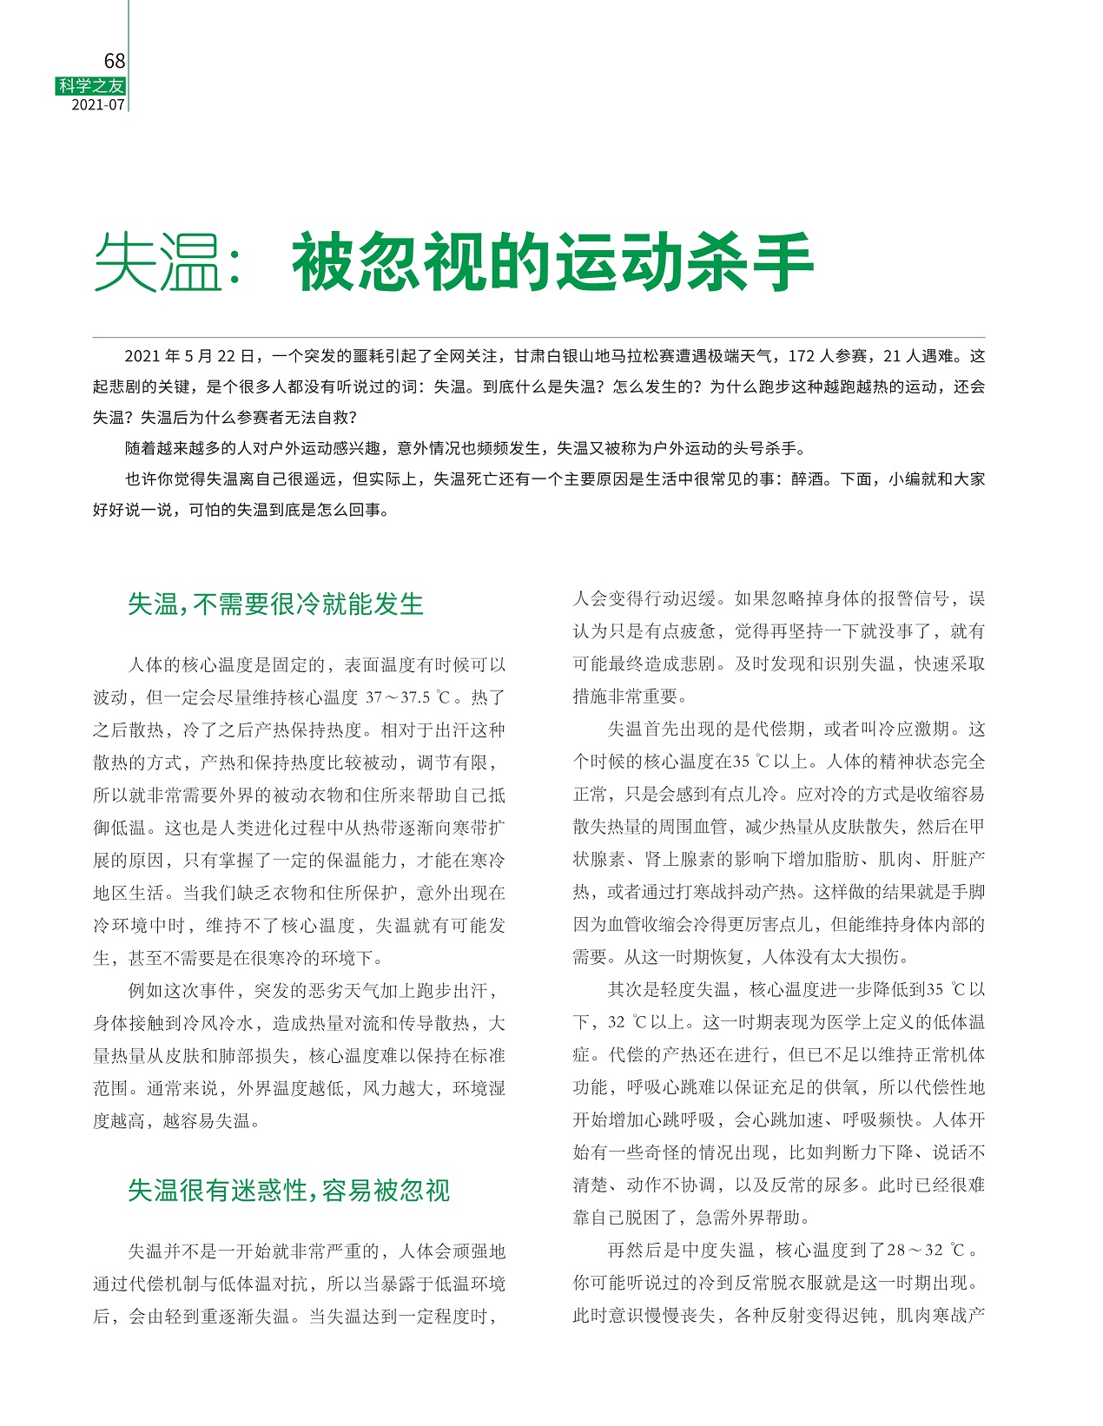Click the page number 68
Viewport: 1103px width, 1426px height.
pos(114,61)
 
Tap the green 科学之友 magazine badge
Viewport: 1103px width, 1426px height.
pos(91,85)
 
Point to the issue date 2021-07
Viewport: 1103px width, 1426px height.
pos(98,104)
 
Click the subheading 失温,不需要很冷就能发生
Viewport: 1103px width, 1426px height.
pos(275,604)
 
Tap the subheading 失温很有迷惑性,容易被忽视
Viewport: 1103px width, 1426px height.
pos(288,1190)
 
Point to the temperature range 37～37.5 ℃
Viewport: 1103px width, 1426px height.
pos(408,697)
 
